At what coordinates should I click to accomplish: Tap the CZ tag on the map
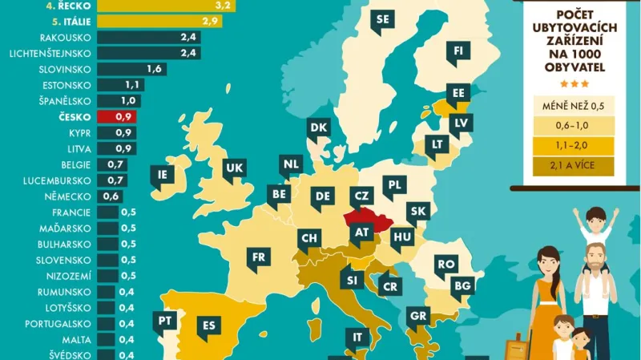tap(361, 195)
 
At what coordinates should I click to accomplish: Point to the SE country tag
tap(381, 18)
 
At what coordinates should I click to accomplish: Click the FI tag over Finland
tap(458, 51)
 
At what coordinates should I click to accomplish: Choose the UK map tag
tap(234, 168)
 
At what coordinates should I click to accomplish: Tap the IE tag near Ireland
tap(163, 174)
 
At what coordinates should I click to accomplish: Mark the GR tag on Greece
tap(417, 316)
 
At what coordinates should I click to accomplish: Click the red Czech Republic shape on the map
tap(365, 219)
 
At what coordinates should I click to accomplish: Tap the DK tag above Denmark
tap(318, 128)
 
